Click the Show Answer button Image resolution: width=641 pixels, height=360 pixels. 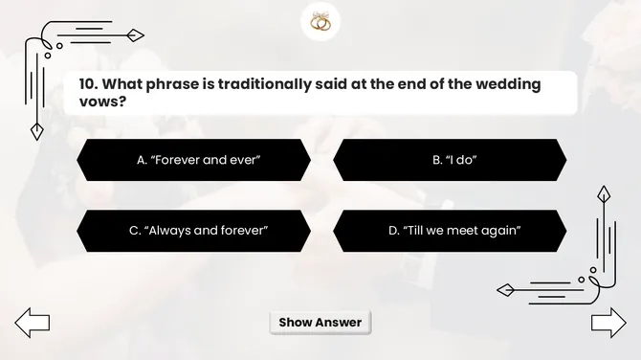point(320,323)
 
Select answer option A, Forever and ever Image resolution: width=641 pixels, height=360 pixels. point(193,160)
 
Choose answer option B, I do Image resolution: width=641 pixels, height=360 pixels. point(450,160)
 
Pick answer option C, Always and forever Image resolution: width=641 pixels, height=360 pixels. point(193,231)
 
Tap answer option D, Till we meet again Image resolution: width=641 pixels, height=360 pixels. point(450,231)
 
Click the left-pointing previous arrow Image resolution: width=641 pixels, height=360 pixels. point(32,323)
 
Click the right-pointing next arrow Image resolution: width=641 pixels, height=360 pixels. point(608,323)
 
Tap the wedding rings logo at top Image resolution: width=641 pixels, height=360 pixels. point(320,22)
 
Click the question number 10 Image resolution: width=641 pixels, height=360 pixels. point(89,84)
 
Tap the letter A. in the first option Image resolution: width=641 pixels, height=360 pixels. point(141,160)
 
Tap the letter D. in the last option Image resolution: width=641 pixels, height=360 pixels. point(392,231)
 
